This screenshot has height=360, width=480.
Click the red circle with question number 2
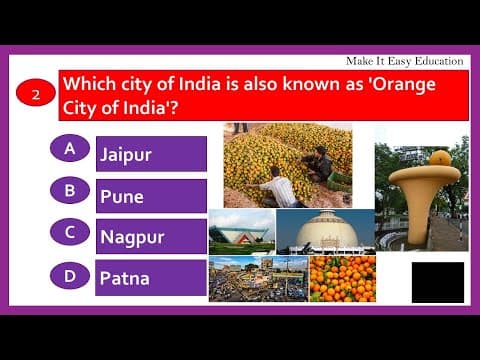[x=36, y=95]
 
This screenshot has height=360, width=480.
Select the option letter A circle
[x=70, y=149]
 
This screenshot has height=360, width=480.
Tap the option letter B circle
[x=70, y=190]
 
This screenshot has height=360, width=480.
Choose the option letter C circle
[x=70, y=232]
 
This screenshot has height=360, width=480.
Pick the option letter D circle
[x=70, y=273]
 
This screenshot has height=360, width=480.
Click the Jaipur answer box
[x=151, y=154]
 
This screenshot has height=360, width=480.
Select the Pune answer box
[x=151, y=196]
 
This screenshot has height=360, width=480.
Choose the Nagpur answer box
[x=151, y=237]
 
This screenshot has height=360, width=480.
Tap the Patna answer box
[x=151, y=278]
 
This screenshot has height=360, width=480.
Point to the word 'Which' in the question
[x=90, y=84]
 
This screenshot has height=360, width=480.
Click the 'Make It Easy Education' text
[x=402, y=62]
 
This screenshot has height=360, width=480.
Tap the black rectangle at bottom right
[x=437, y=282]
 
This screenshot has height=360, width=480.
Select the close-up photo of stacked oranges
[x=342, y=278]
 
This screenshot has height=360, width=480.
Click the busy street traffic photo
[x=257, y=279]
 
